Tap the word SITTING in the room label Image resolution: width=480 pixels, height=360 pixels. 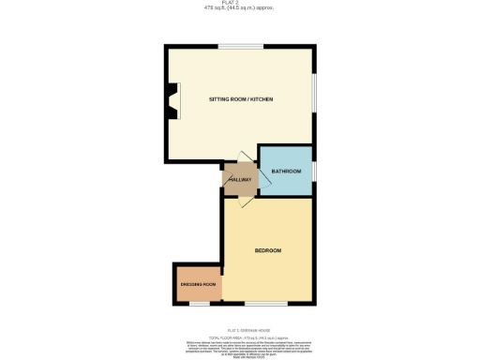(x=221, y=97)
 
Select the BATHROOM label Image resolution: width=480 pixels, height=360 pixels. (x=286, y=172)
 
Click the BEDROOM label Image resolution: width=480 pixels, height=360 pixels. (x=268, y=250)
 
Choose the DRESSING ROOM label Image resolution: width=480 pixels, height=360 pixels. (x=198, y=284)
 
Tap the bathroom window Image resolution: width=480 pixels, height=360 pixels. (x=313, y=171)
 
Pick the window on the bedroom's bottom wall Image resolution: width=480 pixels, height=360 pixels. (x=266, y=304)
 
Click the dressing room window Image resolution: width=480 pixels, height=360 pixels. (x=199, y=304)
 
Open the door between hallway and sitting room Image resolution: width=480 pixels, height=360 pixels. (x=243, y=160)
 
